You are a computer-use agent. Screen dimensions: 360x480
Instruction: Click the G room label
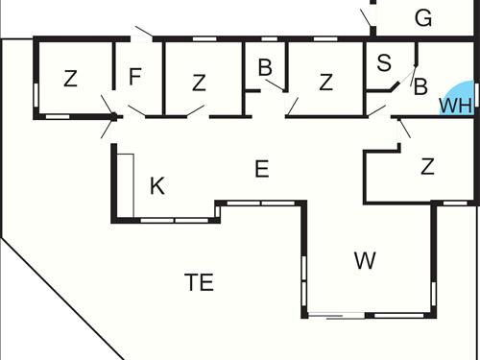(x=422, y=17)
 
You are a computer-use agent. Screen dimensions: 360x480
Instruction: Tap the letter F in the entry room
(x=135, y=76)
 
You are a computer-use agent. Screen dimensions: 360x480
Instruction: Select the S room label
(x=384, y=63)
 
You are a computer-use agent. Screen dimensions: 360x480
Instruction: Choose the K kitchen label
(x=157, y=185)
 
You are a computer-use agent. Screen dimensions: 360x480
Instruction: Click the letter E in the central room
(x=261, y=169)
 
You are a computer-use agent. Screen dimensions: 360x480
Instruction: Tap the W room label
(x=364, y=259)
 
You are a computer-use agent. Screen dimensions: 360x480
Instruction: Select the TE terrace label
(x=199, y=282)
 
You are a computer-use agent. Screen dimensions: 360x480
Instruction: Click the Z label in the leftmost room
(x=70, y=79)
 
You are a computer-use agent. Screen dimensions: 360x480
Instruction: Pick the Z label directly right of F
(x=199, y=83)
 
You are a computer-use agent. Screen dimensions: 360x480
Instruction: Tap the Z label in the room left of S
(x=326, y=82)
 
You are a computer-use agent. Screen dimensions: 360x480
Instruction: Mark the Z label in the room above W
(x=427, y=166)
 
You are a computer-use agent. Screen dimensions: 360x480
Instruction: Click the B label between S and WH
(x=420, y=87)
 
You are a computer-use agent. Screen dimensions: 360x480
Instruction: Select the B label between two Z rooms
(x=265, y=67)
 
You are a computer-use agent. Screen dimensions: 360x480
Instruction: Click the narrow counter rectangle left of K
(x=123, y=182)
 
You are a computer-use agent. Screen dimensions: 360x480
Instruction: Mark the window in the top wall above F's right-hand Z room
(x=203, y=39)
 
